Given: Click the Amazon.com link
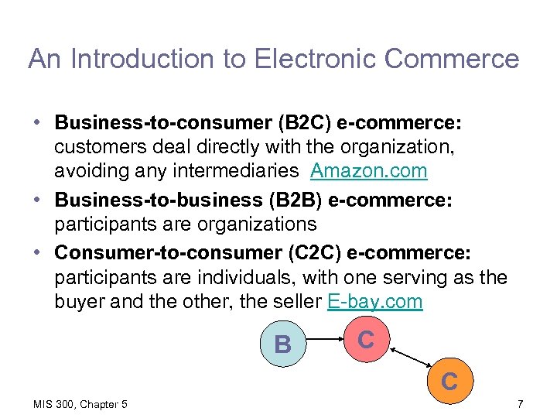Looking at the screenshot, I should [x=368, y=170].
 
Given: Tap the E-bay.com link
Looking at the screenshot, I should [x=375, y=301].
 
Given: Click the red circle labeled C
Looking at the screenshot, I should [x=366, y=339].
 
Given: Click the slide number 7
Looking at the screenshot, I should [x=520, y=404].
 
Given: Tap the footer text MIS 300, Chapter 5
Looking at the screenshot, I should [x=80, y=404].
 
